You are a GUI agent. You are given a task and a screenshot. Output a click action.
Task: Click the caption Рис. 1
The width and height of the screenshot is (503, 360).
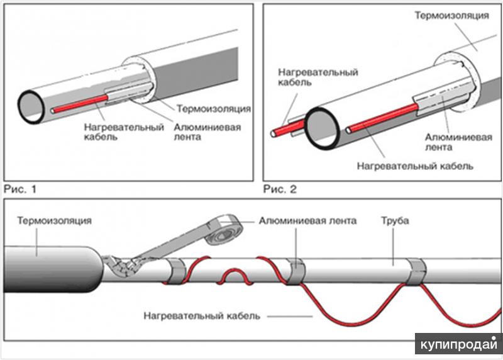click(x=20, y=189)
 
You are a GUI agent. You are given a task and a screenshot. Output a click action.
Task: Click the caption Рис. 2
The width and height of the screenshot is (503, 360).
click(x=280, y=189)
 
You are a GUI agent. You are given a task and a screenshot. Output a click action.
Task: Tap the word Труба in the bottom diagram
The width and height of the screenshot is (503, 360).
click(x=395, y=221)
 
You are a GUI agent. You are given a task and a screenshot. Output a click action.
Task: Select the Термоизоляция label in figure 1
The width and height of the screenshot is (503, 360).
click(x=214, y=108)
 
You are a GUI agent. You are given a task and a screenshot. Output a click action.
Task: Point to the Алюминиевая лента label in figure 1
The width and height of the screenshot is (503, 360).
click(x=207, y=132)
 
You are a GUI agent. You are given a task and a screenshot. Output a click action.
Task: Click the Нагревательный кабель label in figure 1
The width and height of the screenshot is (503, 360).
click(x=124, y=132)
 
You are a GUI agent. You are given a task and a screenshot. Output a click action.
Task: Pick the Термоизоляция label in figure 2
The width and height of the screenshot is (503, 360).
click(x=451, y=15)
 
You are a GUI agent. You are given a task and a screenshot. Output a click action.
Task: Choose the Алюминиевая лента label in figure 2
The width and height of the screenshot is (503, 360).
click(x=458, y=142)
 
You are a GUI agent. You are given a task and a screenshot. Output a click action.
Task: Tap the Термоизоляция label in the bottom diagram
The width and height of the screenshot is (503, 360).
click(x=54, y=221)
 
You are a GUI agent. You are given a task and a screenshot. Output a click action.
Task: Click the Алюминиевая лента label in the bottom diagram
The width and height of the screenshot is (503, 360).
click(x=307, y=221)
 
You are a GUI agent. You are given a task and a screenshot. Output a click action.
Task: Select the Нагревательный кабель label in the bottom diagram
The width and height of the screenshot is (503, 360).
click(x=202, y=316)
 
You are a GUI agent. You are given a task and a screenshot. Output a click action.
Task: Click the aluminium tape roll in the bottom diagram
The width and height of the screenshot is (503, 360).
click(x=224, y=230)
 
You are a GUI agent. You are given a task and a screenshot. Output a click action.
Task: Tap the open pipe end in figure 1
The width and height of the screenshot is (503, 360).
click(x=31, y=107)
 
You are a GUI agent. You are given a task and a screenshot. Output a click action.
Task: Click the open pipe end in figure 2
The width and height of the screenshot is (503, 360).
click(x=322, y=128)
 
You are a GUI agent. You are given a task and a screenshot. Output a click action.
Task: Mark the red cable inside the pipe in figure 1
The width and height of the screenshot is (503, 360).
click(x=80, y=104)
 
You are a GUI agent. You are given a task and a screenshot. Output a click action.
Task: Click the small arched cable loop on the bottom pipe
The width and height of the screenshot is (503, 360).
click(x=235, y=273)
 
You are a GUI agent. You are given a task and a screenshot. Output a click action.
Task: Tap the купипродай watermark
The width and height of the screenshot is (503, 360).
click(x=459, y=344)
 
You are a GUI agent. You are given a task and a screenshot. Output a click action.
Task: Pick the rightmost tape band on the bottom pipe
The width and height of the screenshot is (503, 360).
click(x=416, y=272)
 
